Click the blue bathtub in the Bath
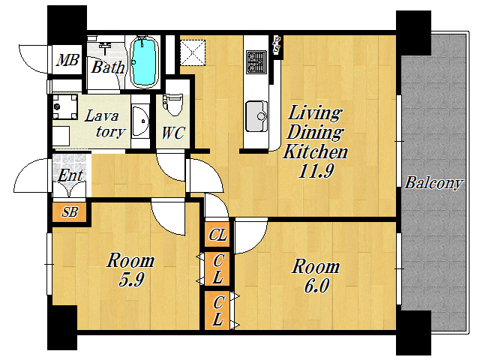tap(144, 61)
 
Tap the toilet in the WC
tap(172, 105)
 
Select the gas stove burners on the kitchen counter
tap(256, 61)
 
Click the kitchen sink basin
tap(256, 115)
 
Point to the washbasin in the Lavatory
tap(140, 121)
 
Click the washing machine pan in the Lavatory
tap(64, 106)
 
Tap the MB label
tap(68, 60)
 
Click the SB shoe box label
tap(70, 211)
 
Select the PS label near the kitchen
tap(277, 45)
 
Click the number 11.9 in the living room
tap(316, 171)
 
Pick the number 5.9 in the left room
tap(131, 279)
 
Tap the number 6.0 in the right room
tap(316, 285)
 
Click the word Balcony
tap(433, 183)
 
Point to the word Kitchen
tap(315, 151)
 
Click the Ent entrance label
tap(70, 175)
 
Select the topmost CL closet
tap(217, 235)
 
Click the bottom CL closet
tap(217, 310)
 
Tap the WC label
tap(173, 133)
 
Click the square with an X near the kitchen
tap(193, 52)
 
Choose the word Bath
tap(108, 67)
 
